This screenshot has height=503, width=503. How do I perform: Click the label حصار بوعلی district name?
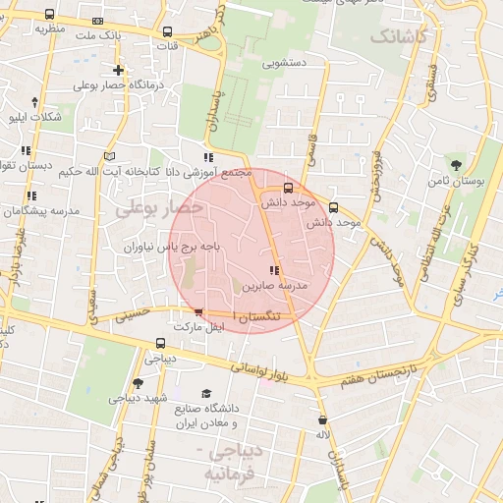[x=158, y=208]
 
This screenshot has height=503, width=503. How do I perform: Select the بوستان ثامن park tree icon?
[x=455, y=162]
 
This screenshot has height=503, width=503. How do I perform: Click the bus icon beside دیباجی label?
[x=160, y=344]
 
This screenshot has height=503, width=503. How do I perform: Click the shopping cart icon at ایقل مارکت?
[x=199, y=313]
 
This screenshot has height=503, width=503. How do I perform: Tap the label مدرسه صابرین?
[x=276, y=285]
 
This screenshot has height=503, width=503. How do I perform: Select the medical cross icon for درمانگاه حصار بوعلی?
[x=119, y=70]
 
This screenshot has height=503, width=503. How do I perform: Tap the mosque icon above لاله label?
[x=322, y=419]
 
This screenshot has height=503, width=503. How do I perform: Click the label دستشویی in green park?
[x=285, y=62]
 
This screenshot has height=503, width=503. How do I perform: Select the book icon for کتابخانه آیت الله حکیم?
[x=109, y=156]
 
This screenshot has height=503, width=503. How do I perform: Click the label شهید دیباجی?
[x=142, y=398]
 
